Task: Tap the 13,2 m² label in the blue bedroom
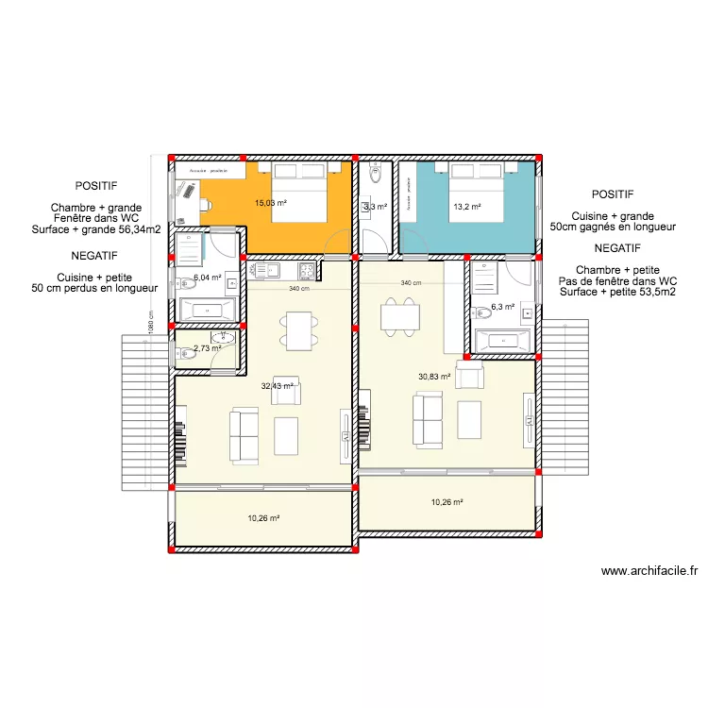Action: click(467, 207)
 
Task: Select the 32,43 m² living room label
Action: click(277, 385)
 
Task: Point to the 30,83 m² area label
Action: click(434, 377)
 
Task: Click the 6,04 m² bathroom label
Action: click(207, 278)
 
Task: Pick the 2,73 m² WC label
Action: click(207, 348)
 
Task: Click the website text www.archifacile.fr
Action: click(649, 570)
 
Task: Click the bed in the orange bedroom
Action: click(300, 193)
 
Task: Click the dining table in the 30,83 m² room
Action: click(401, 316)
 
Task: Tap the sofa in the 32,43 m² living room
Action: click(244, 435)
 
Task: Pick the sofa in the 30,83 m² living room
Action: click(427, 419)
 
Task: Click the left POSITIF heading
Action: click(98, 187)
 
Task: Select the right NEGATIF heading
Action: click(618, 248)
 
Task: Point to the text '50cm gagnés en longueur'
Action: click(613, 227)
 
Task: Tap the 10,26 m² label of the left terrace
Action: click(264, 518)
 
